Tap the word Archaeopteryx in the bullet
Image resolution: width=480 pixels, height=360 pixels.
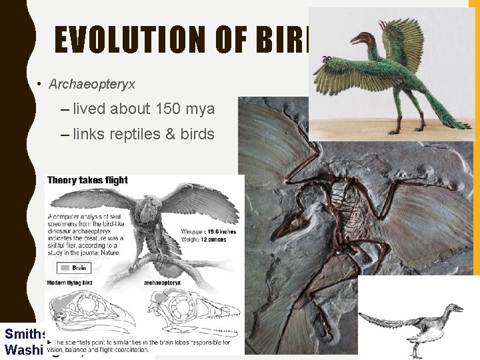point(92,84)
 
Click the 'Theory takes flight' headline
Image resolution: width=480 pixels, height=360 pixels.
point(88,180)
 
